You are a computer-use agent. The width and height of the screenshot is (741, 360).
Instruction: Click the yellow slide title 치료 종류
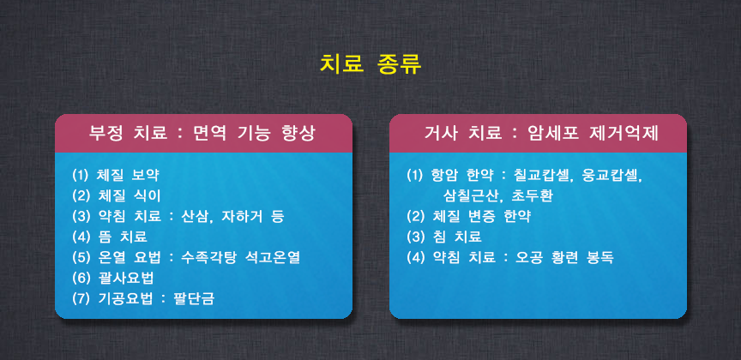coord(370,65)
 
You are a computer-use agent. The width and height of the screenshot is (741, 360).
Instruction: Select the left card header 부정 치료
coord(128,134)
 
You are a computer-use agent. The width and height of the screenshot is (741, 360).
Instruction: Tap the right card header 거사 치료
coord(462,134)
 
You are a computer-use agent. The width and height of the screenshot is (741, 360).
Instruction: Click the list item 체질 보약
coord(128,176)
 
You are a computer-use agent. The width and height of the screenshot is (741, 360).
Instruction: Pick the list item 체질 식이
coord(128,195)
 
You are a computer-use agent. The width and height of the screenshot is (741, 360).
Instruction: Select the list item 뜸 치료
coord(122,237)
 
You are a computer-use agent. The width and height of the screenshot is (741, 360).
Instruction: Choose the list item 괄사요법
coord(124,278)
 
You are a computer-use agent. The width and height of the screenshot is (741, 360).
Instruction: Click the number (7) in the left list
coord(81,298)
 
